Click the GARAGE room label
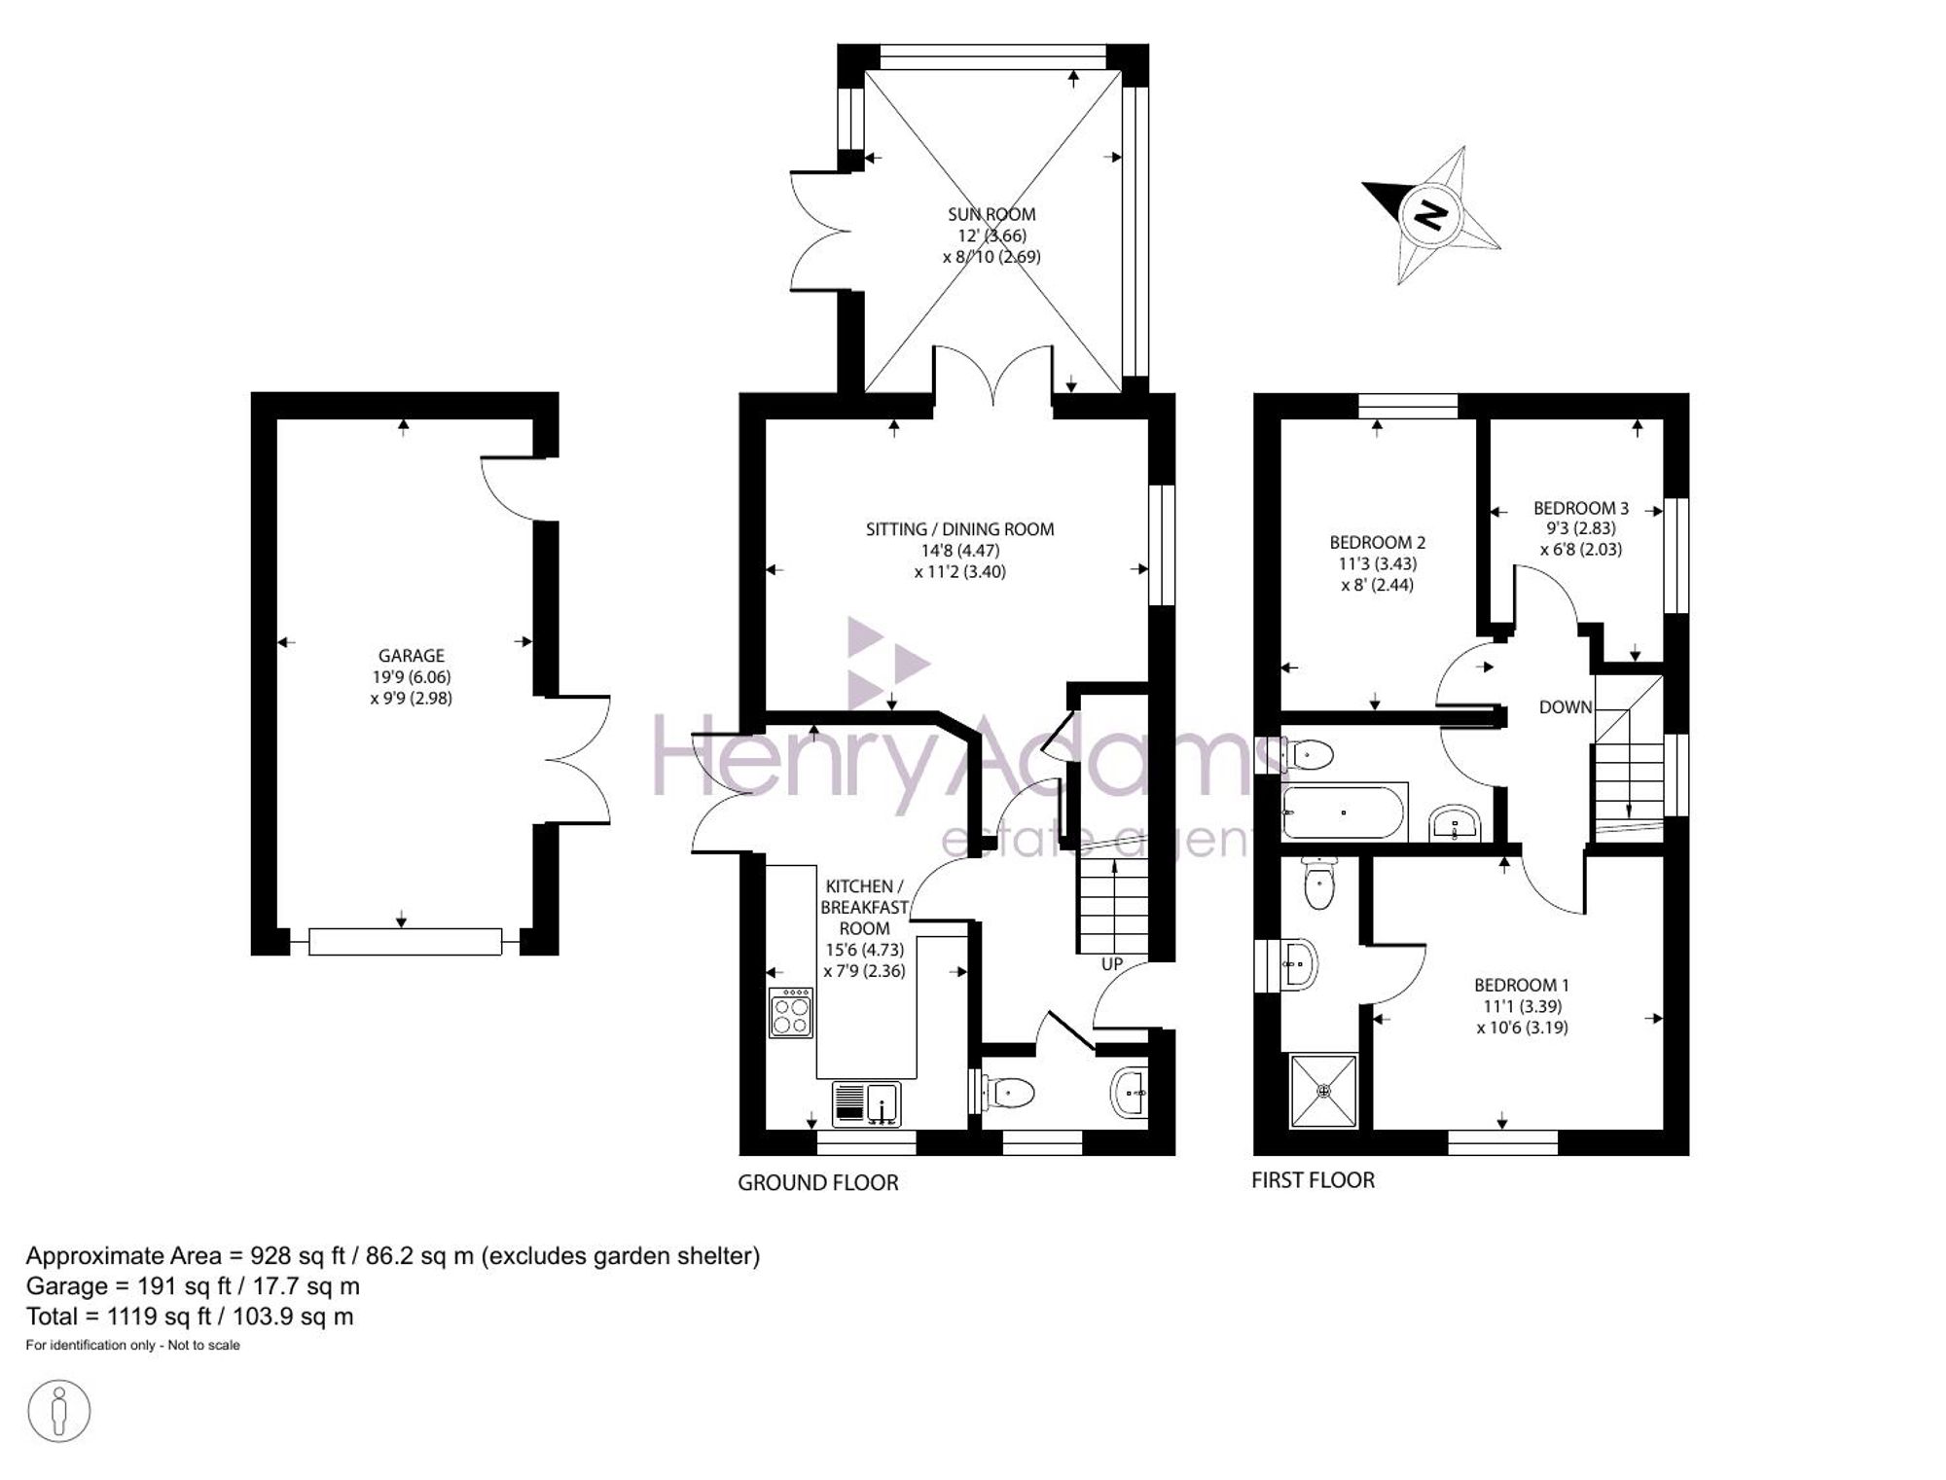412,656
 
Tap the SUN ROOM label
991,214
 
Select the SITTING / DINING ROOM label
960,529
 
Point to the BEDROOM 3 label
1581,508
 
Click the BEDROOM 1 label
1522,986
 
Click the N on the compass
1429,214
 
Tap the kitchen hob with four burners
791,1013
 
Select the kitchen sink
867,1103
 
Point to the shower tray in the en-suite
1323,1091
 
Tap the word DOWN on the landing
1566,707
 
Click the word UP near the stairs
1111,964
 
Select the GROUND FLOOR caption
818,1182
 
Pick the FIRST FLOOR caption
1313,1180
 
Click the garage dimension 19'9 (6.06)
411,677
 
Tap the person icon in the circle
59,1411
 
